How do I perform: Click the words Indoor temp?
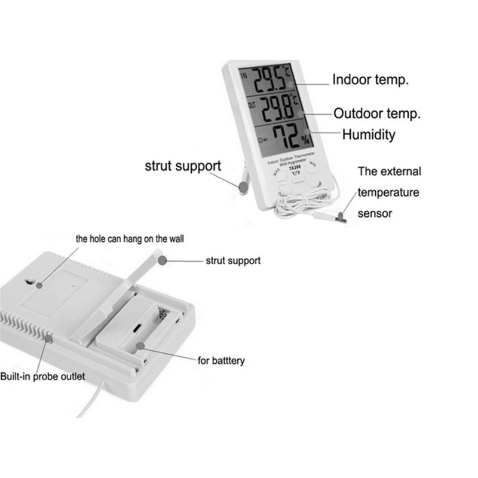click(370, 80)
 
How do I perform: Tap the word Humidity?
click(368, 135)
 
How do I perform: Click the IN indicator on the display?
click(243, 76)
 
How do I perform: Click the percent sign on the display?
click(305, 141)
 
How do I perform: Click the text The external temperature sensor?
click(389, 192)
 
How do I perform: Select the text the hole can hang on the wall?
click(129, 239)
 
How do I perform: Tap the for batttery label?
click(221, 361)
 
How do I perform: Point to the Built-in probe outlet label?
click(42, 376)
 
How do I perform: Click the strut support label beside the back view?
click(233, 261)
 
